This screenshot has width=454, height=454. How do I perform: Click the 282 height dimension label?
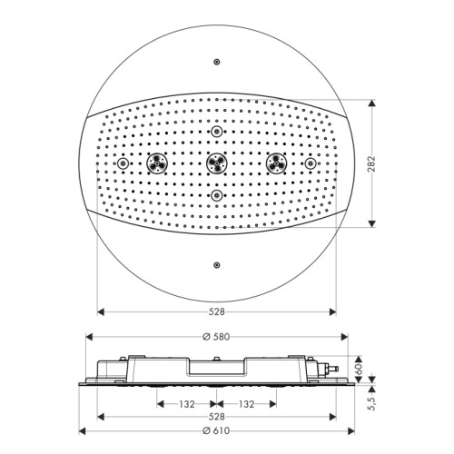tap(371, 163)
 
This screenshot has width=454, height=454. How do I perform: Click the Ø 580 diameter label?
tap(217, 337)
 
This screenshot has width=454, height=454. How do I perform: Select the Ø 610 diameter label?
tap(217, 430)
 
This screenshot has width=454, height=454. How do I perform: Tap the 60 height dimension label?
tap(359, 370)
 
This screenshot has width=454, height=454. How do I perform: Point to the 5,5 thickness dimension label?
tap(372, 404)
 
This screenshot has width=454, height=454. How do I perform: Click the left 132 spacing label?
tap(187, 404)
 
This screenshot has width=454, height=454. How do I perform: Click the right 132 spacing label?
tap(247, 404)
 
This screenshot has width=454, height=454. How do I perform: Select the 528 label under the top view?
tap(217, 311)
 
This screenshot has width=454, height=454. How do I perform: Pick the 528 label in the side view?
tap(217, 417)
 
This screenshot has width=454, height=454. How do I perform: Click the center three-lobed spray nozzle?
tap(217, 163)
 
